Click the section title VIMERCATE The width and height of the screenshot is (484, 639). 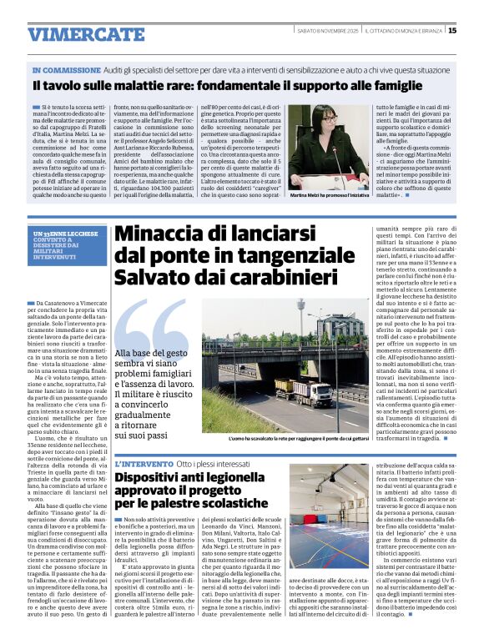tap(85, 34)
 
